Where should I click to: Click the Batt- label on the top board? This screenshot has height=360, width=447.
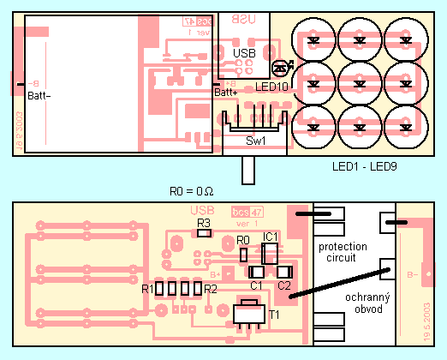tap(39, 94)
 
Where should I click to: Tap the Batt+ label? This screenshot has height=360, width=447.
tap(225, 92)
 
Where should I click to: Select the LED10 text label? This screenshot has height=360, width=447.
tap(271, 87)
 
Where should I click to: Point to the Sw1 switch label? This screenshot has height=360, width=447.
tap(255, 140)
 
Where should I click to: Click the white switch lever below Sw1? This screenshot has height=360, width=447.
tap(248, 169)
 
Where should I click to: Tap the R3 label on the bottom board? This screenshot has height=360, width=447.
tap(204, 222)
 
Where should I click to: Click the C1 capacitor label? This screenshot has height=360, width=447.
tap(255, 285)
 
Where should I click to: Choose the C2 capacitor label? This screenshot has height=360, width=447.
tap(284, 285)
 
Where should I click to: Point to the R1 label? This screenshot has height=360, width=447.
tap(147, 289)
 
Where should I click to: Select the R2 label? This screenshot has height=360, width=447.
tap(210, 289)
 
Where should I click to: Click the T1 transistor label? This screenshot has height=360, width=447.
tap(275, 315)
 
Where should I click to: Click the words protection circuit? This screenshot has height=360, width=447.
tap(343, 252)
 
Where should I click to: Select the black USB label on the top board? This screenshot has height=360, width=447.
tap(244, 52)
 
